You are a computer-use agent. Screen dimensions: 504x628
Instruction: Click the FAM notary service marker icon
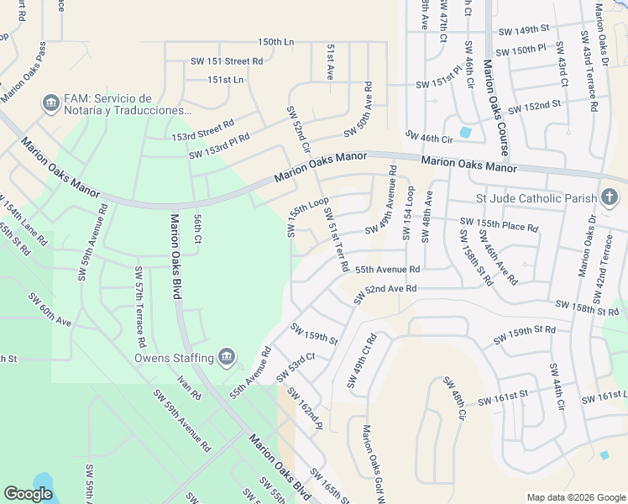[x=50, y=103]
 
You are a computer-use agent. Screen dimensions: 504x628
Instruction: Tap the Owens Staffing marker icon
[x=226, y=358]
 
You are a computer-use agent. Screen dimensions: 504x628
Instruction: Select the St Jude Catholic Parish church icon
[x=610, y=198]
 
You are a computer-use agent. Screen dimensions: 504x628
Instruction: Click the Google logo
[x=29, y=494]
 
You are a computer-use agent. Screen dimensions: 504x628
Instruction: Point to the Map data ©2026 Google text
[x=576, y=497]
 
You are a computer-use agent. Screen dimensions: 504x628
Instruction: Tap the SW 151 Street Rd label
[x=227, y=60]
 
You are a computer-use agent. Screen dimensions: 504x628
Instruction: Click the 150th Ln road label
[x=276, y=41]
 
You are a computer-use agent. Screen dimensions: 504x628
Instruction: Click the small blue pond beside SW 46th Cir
[x=465, y=132]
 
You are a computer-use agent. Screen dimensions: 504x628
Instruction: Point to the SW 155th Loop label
[x=307, y=218]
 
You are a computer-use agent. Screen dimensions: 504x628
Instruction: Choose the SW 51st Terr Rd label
[x=337, y=240]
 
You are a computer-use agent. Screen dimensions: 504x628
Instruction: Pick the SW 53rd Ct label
[x=296, y=363]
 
